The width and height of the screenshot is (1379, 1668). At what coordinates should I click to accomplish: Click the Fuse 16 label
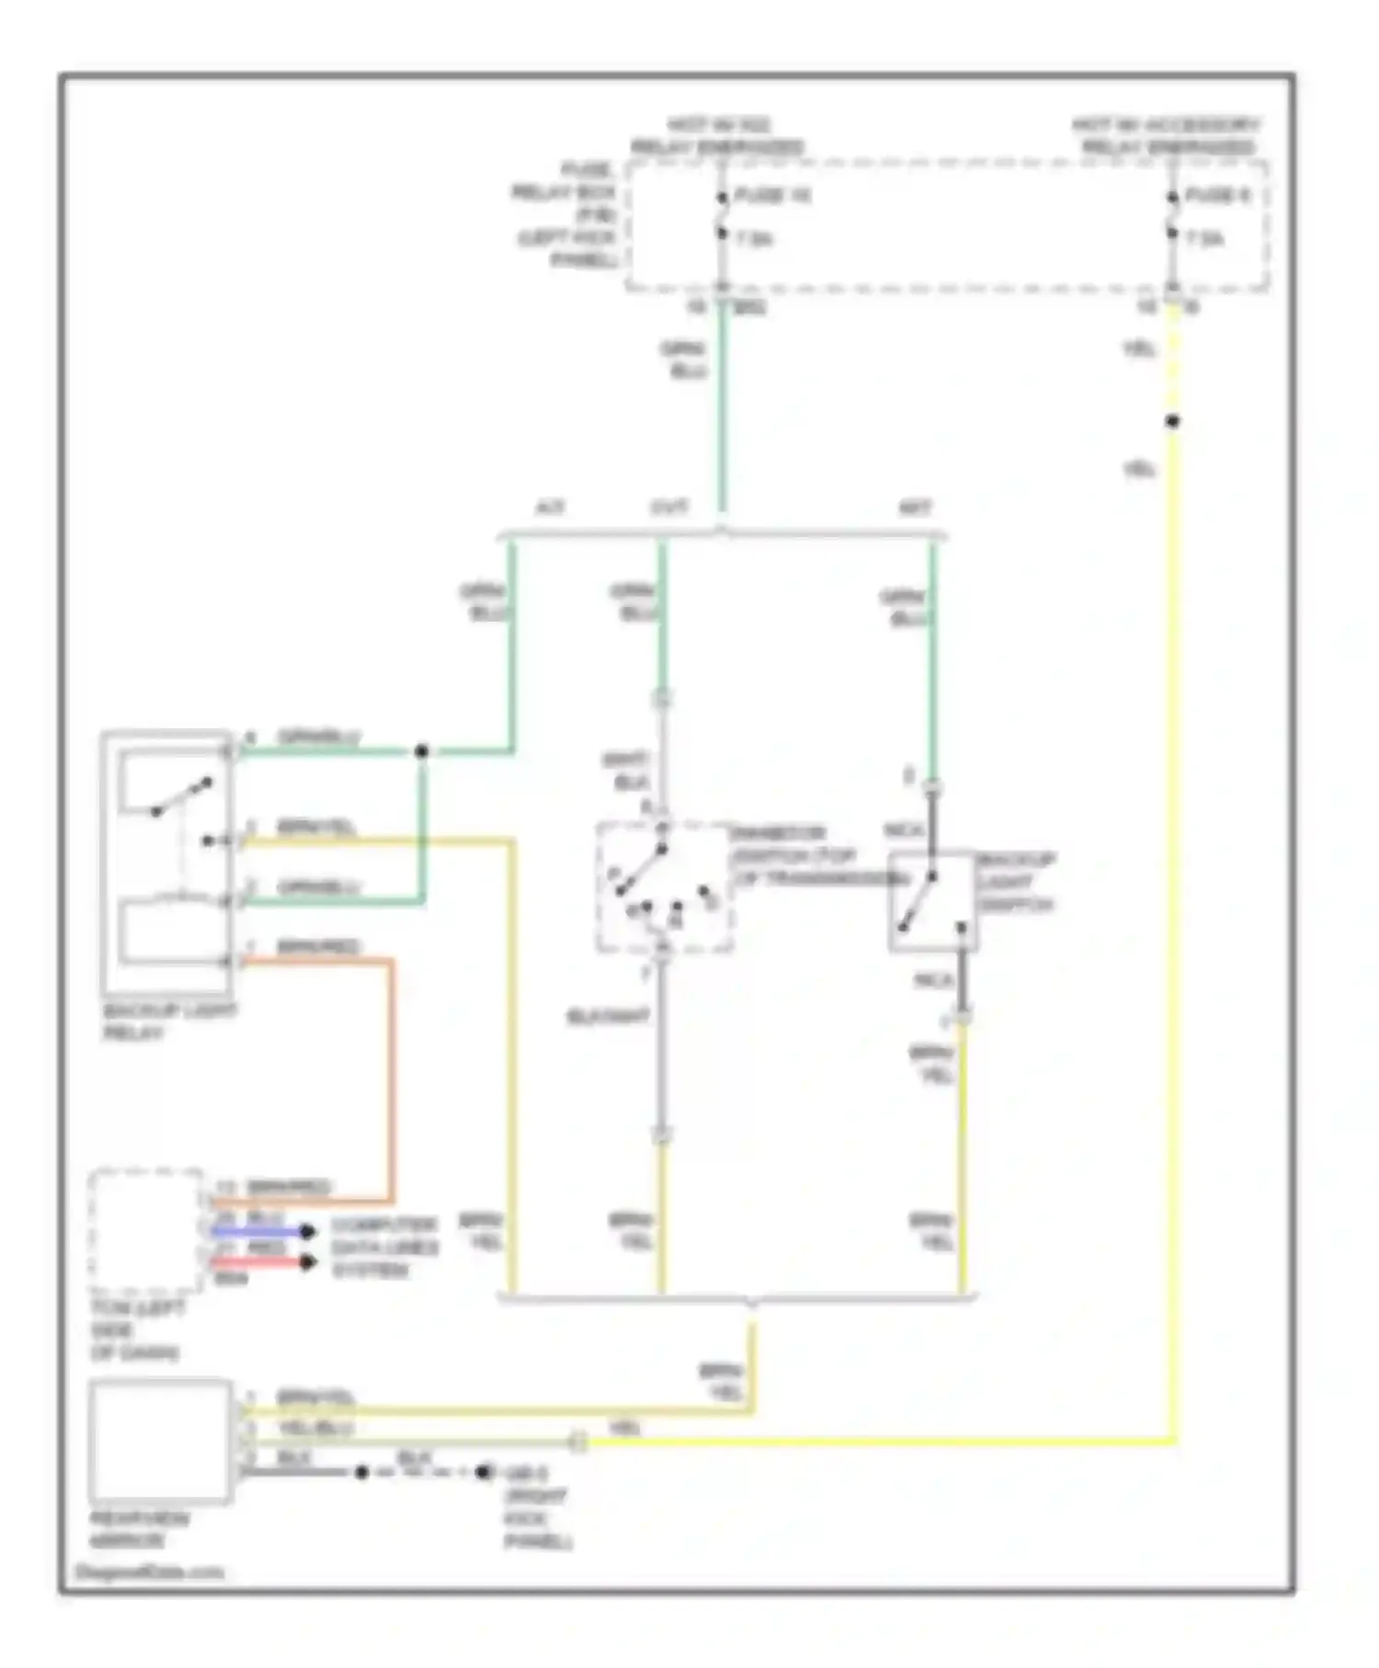click(771, 196)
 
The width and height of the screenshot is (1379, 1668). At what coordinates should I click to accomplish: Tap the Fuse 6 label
click(1216, 196)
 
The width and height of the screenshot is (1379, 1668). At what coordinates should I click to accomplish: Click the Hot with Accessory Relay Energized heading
click(1167, 136)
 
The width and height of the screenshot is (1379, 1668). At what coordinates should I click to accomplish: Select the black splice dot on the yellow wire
click(1172, 422)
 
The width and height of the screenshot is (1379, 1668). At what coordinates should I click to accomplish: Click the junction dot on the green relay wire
click(421, 751)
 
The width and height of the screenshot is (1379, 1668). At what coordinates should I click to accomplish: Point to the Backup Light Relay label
click(169, 1022)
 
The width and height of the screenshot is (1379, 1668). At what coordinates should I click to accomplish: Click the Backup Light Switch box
click(931, 901)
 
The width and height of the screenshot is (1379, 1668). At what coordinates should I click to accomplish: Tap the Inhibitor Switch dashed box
click(664, 887)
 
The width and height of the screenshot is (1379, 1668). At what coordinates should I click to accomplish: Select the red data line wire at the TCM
click(257, 1262)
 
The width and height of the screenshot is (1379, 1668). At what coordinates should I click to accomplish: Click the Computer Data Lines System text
click(383, 1248)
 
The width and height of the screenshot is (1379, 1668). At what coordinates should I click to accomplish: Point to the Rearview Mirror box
click(161, 1441)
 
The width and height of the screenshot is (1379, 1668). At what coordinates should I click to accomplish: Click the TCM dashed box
click(145, 1231)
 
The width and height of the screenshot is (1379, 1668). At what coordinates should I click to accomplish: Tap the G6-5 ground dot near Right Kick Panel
click(484, 1472)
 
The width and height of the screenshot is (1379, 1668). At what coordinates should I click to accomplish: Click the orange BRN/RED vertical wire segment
click(392, 1080)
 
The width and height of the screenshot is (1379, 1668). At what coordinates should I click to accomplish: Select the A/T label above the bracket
click(550, 508)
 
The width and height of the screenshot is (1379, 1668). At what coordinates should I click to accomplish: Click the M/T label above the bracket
click(914, 508)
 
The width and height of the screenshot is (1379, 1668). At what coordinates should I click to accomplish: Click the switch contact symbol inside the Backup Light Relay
click(181, 796)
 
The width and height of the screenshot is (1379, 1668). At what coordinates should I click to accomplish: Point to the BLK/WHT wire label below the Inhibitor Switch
click(609, 1017)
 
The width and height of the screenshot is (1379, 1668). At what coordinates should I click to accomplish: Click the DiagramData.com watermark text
click(149, 1571)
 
